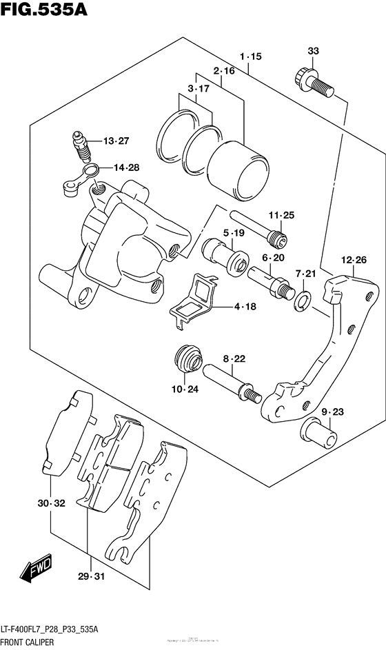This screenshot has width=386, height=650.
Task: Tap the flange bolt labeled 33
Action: (x=313, y=81)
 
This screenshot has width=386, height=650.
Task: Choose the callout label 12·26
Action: (x=353, y=260)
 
